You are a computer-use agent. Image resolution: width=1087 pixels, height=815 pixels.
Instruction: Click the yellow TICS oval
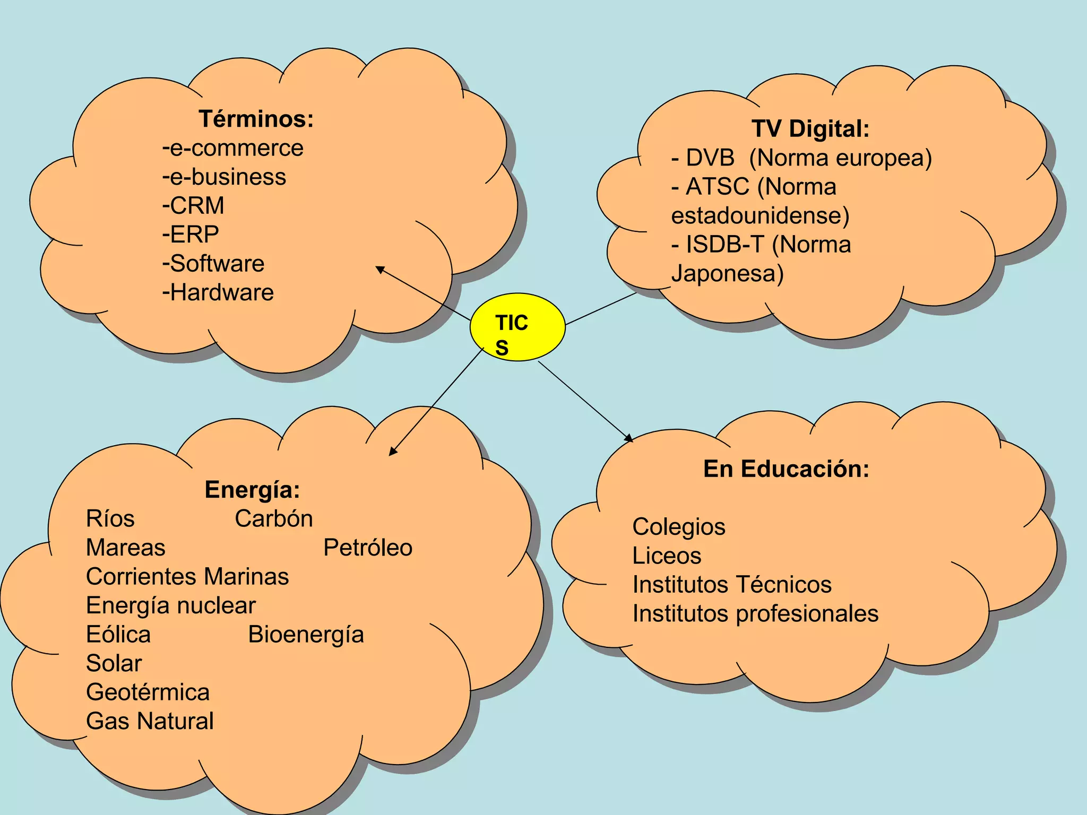(x=517, y=327)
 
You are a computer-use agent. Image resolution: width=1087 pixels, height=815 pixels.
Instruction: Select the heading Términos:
(x=256, y=119)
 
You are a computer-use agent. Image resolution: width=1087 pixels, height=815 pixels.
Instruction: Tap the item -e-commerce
(x=233, y=148)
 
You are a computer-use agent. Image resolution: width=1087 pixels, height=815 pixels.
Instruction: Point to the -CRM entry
(x=193, y=206)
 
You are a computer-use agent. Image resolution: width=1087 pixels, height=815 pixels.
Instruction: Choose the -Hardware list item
(x=218, y=292)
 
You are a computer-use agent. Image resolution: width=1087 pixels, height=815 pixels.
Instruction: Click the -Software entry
(x=213, y=264)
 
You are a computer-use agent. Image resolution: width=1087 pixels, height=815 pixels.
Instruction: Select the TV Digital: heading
(x=810, y=129)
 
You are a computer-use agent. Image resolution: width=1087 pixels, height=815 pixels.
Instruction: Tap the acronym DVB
(x=710, y=158)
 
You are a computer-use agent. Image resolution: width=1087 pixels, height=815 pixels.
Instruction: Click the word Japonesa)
(x=727, y=274)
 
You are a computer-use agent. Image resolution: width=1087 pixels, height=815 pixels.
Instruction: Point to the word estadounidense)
(x=760, y=216)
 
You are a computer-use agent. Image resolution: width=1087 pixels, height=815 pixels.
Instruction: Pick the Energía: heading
(x=252, y=490)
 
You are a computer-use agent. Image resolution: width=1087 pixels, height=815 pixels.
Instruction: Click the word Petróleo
(x=368, y=548)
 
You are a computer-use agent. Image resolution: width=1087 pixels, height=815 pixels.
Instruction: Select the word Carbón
(x=274, y=519)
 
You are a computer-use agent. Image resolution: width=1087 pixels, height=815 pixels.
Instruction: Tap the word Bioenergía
(x=306, y=635)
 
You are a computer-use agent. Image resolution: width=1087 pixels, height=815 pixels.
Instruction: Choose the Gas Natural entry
(x=150, y=721)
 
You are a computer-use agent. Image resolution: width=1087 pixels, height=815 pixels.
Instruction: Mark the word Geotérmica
(x=148, y=692)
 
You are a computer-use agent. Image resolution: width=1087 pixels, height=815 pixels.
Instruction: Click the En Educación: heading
(x=786, y=469)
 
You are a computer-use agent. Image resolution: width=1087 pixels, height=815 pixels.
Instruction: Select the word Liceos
(x=667, y=556)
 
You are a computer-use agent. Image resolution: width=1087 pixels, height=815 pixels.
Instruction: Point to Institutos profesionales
(x=755, y=614)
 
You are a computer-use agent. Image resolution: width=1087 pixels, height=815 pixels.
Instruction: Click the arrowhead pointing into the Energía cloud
(x=392, y=452)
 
